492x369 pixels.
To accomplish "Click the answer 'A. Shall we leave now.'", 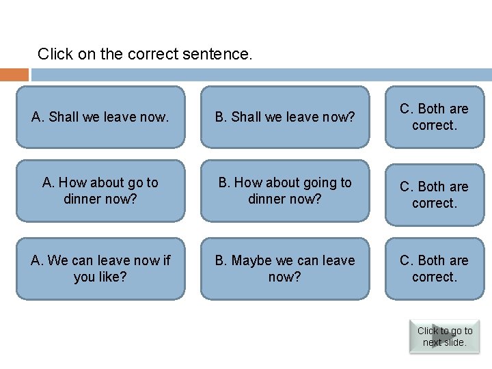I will pos(100,117).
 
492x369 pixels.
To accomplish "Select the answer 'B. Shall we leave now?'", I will pos(285,117).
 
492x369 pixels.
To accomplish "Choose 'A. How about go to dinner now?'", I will pos(100,191).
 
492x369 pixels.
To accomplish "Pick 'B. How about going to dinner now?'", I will pos(285,191).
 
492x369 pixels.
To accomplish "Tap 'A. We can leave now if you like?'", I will pos(100,269).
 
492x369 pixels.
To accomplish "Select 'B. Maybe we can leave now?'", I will pos(285,269).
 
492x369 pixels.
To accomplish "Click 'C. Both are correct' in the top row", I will pos(434,117).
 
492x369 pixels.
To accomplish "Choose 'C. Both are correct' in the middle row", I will pos(434,194).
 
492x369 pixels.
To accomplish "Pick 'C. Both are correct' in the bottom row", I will pos(434,269).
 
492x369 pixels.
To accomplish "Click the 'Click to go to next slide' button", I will pos(444,336).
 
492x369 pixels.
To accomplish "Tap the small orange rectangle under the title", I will pos(14,74).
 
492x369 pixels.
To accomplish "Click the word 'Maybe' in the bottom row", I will pos(252,261).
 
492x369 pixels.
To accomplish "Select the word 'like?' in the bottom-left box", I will pos(111,277).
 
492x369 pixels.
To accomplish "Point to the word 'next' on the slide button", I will pos(432,342).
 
